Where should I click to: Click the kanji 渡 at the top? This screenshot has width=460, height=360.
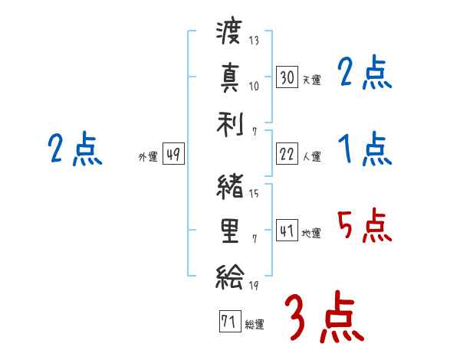pyautogui.click(x=230, y=33)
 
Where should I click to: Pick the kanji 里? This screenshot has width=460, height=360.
pyautogui.click(x=230, y=230)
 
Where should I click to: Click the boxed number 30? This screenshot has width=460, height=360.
pyautogui.click(x=287, y=77)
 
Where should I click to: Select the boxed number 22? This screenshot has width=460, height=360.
pyautogui.click(x=287, y=154)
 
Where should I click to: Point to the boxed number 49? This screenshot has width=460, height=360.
pyautogui.click(x=173, y=155)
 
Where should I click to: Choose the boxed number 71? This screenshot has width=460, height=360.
pyautogui.click(x=228, y=322)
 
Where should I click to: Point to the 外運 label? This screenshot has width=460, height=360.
pyautogui.click(x=147, y=156)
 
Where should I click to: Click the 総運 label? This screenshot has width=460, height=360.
pyautogui.click(x=254, y=324)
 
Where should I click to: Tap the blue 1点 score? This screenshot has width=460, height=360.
pyautogui.click(x=364, y=149)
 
